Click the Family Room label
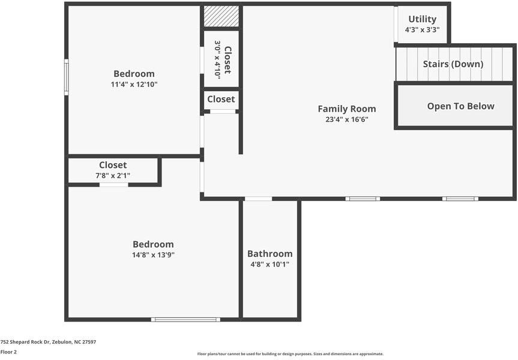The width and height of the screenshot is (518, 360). coord(347,109)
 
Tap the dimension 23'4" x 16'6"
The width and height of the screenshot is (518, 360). coord(347,119)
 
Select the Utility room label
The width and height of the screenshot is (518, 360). coord(422,19)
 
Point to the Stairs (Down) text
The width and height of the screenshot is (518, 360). coord(453,64)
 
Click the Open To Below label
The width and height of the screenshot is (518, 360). coord(461,106)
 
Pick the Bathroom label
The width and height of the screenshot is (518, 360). coord(270,254)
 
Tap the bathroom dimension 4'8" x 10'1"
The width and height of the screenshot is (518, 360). coord(270,264)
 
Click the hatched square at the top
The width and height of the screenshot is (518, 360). coord(221,16)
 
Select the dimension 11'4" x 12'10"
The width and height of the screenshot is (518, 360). coord(134,84)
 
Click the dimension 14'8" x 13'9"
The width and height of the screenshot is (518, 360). coord(153,254)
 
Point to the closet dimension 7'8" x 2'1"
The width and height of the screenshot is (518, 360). coord(113,176)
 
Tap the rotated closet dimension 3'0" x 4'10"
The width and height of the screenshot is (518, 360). coord(217,59)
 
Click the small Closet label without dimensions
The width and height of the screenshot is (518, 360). coord(221,99)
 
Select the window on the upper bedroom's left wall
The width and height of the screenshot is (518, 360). coord(67,77)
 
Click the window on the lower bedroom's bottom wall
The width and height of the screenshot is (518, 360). coord(185,319)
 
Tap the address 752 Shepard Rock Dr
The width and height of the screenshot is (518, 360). coord(25,342)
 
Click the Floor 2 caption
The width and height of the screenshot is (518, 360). coord(8,352)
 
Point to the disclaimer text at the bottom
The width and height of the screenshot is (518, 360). coord(291,354)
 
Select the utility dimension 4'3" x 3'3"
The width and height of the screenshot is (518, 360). coord(422,30)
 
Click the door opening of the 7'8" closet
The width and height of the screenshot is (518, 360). coord(114,185)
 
